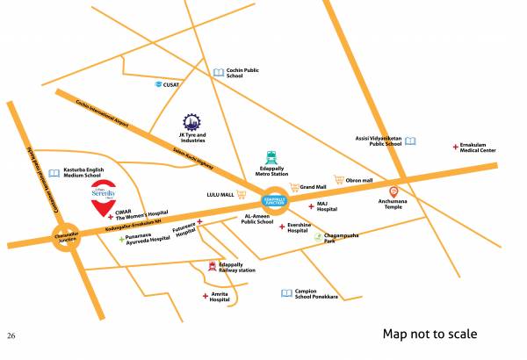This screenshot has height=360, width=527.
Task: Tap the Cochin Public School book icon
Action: click(219, 73)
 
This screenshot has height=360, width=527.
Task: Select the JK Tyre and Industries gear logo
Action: click(191, 122)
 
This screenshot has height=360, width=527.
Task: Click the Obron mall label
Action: click(359, 180)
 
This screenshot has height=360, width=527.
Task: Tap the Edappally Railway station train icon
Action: click(212, 266)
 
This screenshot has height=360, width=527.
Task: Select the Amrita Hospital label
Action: click(220, 297)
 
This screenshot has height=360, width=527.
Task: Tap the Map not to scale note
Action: click(430, 335)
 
